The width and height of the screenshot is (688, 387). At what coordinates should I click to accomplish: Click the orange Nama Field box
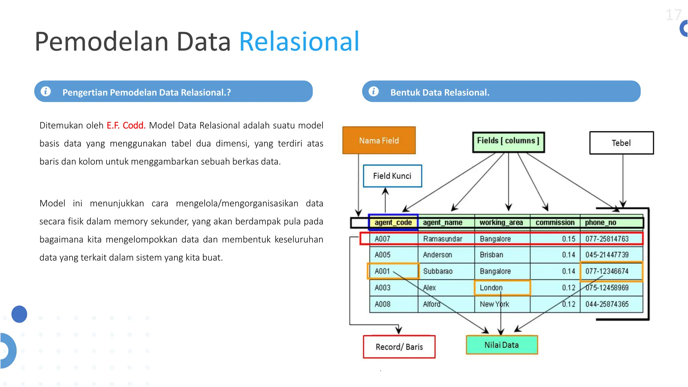pos(379,140)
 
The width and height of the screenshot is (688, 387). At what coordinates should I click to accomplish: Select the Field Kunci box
pos(392,176)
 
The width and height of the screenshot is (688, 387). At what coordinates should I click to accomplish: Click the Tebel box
pos(621,143)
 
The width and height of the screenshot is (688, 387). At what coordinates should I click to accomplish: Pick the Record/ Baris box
pos(399,347)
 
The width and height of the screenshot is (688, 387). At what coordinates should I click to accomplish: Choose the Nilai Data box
pos(502,345)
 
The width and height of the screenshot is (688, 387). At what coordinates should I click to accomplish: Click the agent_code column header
pos(393,222)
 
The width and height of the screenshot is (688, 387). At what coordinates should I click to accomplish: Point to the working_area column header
pos(501,222)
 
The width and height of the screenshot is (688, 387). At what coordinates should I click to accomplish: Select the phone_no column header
pos(600,222)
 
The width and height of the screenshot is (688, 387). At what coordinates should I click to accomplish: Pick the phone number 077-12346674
pos(607,271)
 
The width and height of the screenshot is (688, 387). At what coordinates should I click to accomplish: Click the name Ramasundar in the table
pos(442,239)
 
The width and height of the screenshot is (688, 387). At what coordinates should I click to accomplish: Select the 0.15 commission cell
pos(568,239)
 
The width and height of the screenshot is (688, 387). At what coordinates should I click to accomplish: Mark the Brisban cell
pos(491,255)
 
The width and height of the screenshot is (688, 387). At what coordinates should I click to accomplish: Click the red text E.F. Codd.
pos(126,125)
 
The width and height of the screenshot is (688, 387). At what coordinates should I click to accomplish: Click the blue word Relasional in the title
pos(299,41)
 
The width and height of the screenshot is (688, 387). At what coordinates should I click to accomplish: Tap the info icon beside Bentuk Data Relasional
pos(374,91)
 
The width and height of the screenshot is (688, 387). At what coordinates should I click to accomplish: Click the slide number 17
pos(673,15)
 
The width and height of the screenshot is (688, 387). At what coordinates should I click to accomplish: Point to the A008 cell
pos(383,304)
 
